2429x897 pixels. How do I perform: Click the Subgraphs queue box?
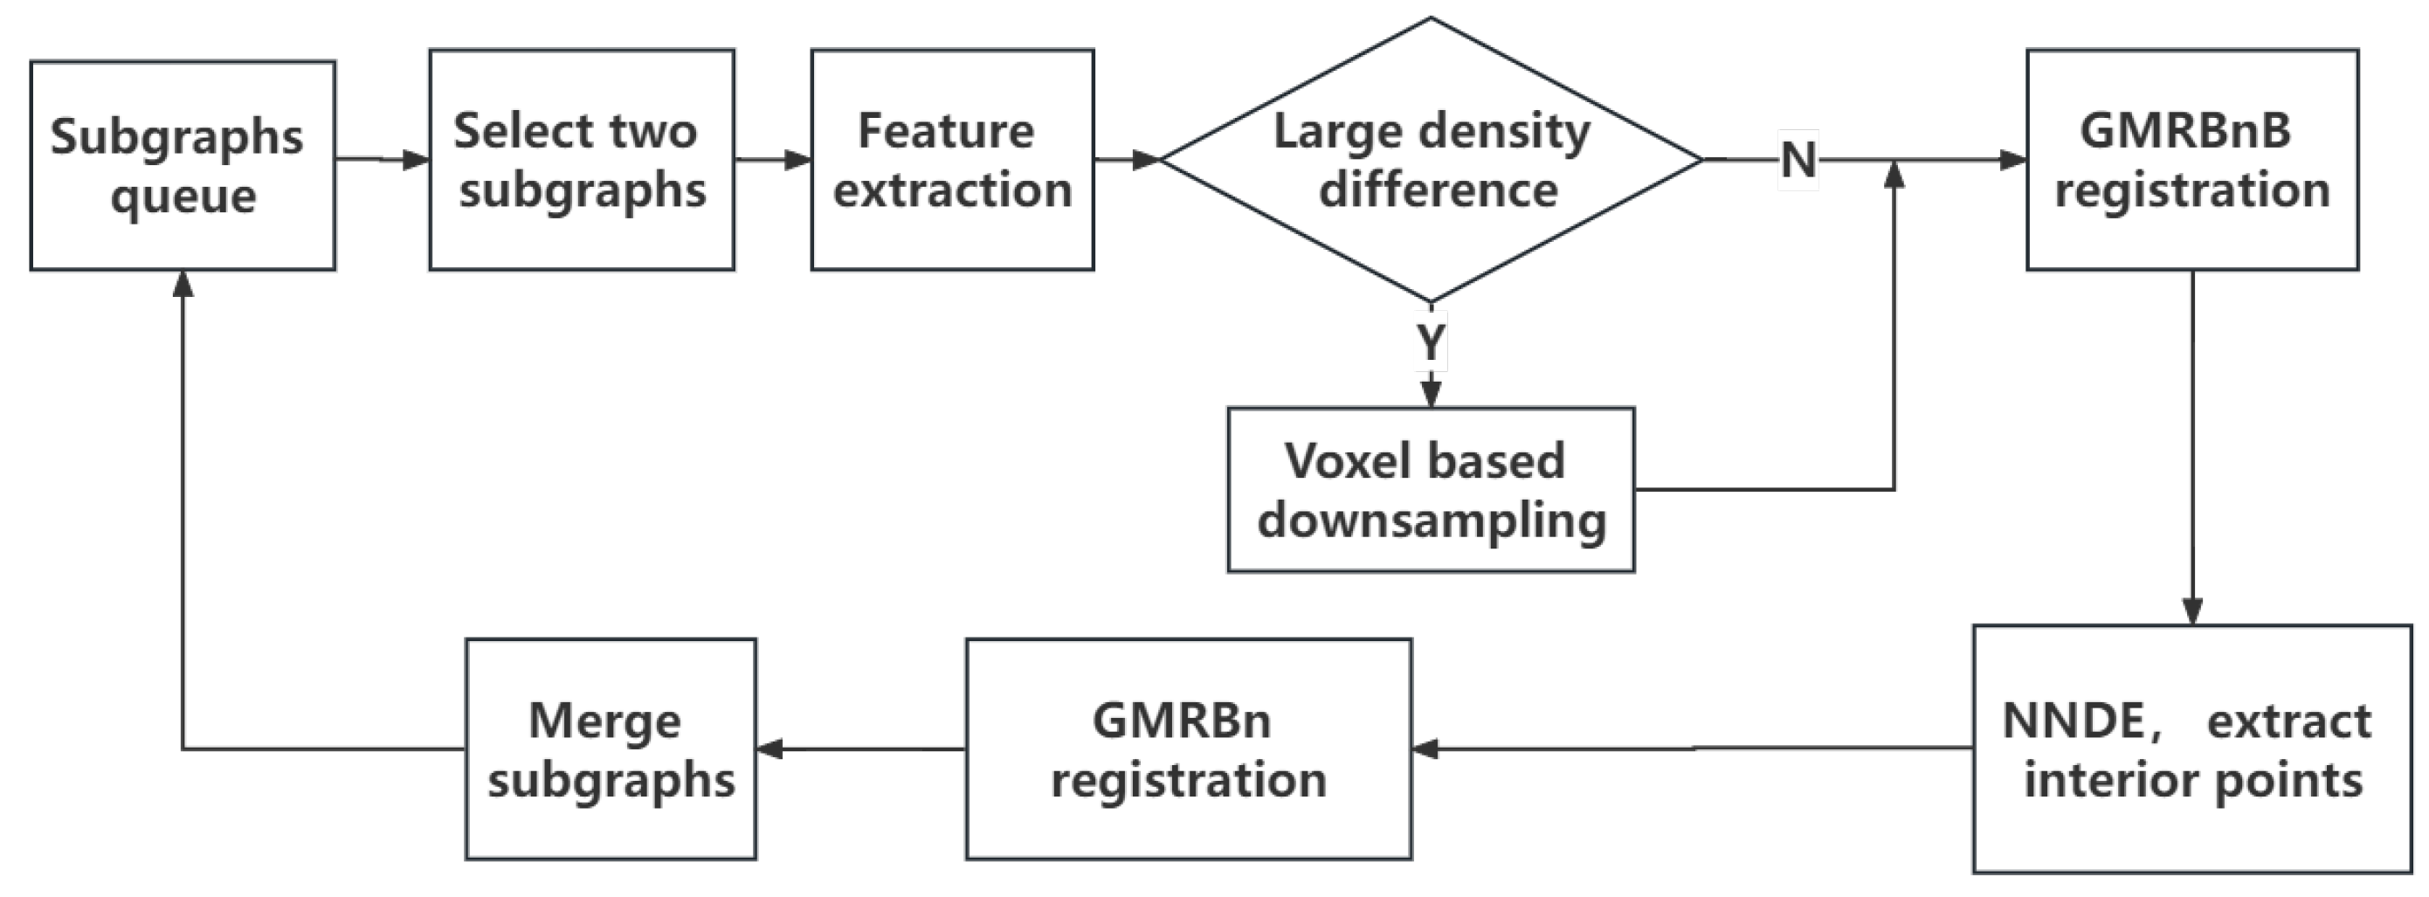[182, 166]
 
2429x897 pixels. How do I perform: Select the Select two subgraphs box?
[581, 161]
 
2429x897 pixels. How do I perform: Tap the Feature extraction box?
[951, 161]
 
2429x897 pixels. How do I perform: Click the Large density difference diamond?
[1431, 161]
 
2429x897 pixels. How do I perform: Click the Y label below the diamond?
[1431, 342]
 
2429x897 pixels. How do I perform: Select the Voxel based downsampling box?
[1430, 489]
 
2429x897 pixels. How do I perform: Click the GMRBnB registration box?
[2191, 161]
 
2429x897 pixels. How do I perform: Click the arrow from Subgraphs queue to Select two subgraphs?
[382, 160]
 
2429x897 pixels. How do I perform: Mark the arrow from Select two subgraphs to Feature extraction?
[772, 160]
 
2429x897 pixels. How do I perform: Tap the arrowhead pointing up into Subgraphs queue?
[183, 284]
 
